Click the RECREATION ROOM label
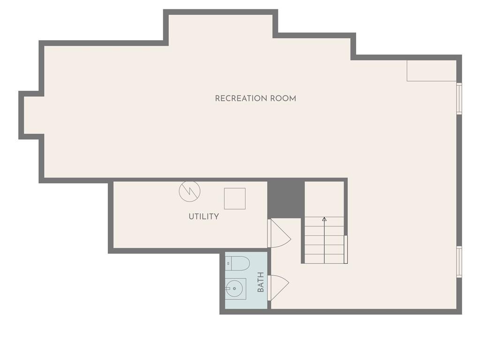[x=255, y=98]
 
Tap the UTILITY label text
[x=203, y=217]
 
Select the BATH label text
[x=261, y=282]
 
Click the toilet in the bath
[x=237, y=263]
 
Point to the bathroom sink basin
[x=234, y=288]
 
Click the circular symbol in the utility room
[x=189, y=191]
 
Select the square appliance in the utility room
[x=235, y=199]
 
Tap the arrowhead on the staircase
[x=324, y=219]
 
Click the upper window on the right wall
[x=459, y=98]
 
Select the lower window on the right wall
[x=459, y=262]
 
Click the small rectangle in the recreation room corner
[x=432, y=71]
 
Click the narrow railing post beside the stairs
[x=345, y=249]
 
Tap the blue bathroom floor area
[x=247, y=280]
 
